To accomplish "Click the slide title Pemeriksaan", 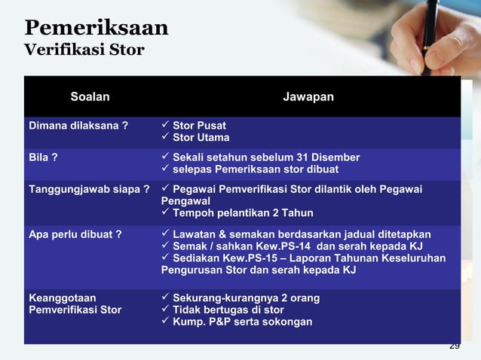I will [x=97, y=29].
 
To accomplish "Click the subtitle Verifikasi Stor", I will [x=84, y=51].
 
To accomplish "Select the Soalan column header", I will [x=90, y=96].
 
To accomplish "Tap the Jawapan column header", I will [x=308, y=96].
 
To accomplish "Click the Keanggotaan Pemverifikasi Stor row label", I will [x=74, y=304].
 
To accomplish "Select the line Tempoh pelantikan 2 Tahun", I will [x=243, y=214].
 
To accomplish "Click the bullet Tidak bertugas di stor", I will [x=228, y=310].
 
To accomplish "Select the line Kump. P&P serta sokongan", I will [x=242, y=322].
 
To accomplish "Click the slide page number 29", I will [x=454, y=346].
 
